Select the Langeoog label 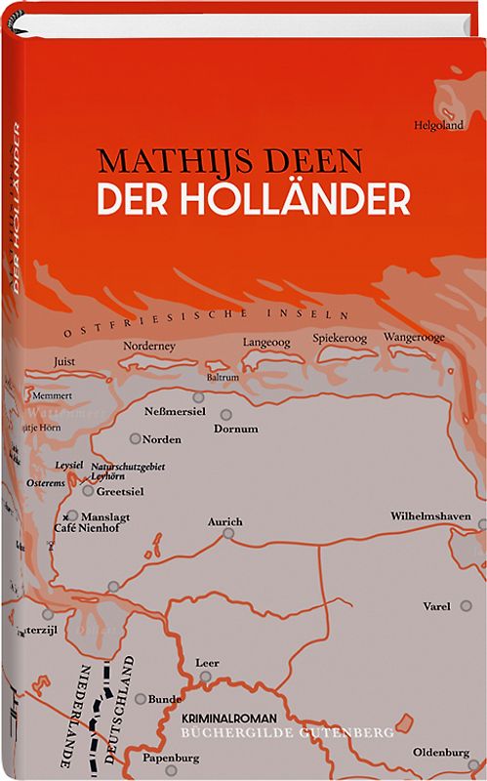click(x=267, y=342)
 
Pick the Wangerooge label click(x=414, y=337)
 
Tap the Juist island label click(x=64, y=359)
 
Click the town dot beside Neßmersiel click(x=198, y=398)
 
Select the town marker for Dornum click(x=226, y=414)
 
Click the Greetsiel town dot click(x=88, y=490)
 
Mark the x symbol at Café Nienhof click(x=65, y=516)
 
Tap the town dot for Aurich click(x=227, y=534)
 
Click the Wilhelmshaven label click(x=430, y=514)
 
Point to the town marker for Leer click(x=205, y=675)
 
